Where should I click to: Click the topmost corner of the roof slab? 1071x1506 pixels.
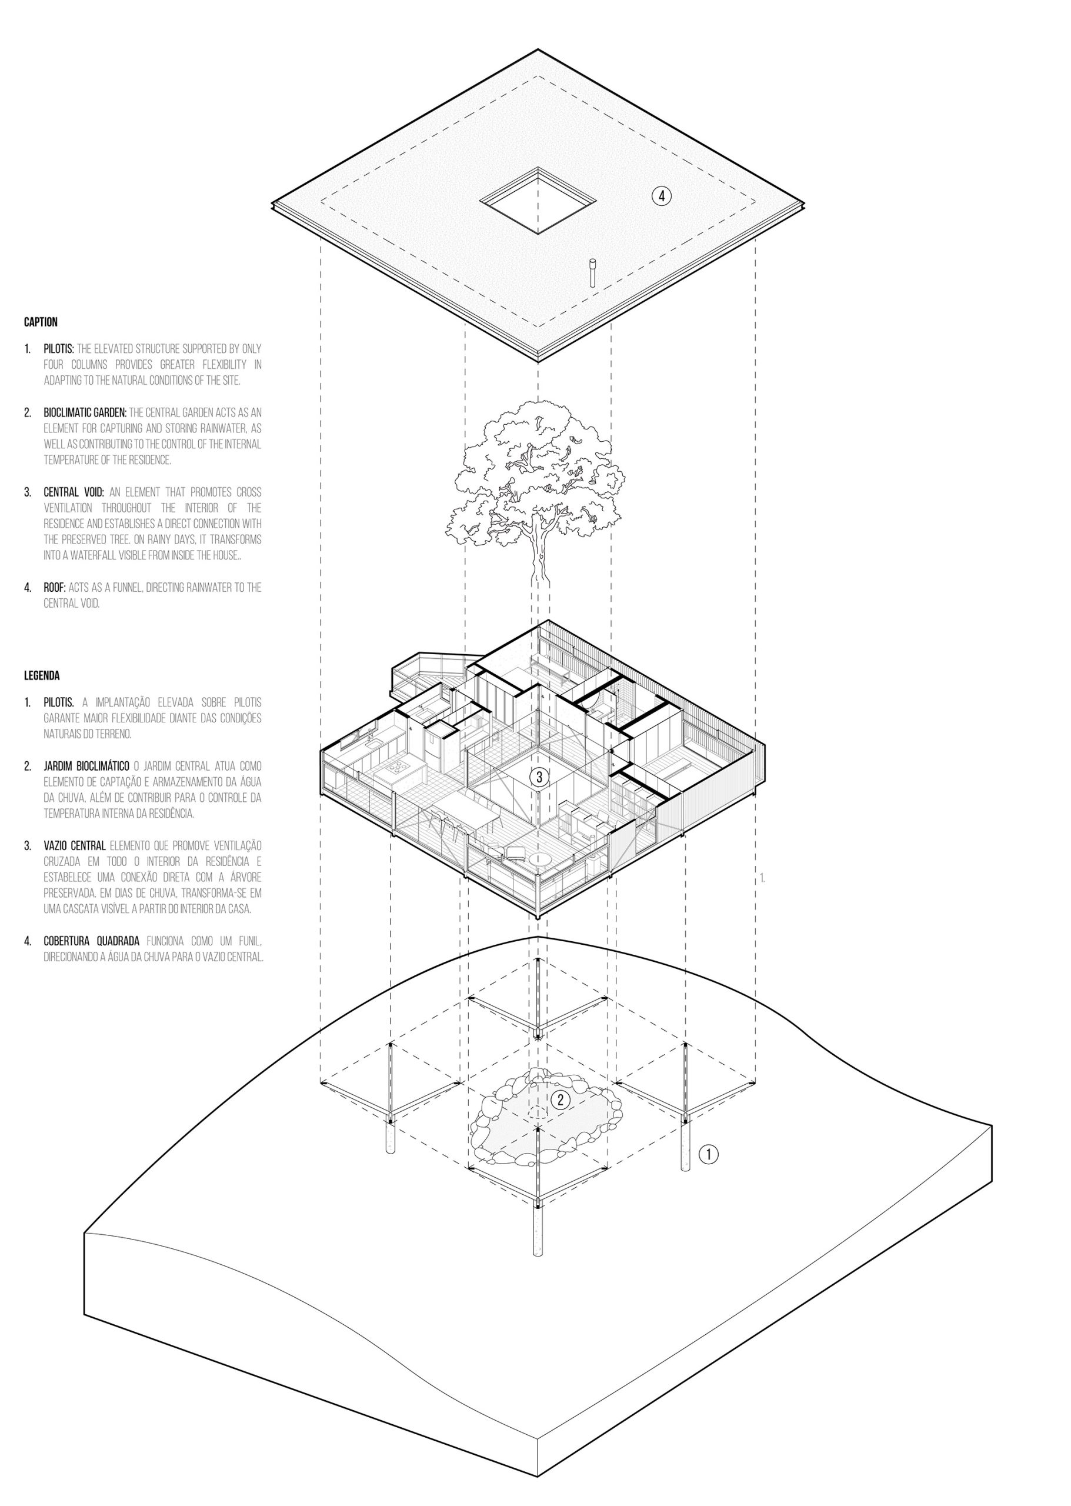tap(538, 49)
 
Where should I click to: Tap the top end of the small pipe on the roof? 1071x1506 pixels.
tap(592, 261)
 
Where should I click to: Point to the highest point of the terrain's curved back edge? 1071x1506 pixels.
tap(539, 937)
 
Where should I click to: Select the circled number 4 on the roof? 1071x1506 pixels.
tap(662, 195)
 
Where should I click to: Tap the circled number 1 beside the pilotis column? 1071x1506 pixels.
tap(708, 1154)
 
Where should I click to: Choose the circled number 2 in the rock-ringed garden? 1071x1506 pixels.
tap(560, 1099)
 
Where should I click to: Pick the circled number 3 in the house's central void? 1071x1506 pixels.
tap(539, 777)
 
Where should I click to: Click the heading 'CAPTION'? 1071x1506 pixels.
tap(41, 322)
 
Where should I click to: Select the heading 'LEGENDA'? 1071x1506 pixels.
tap(42, 675)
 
